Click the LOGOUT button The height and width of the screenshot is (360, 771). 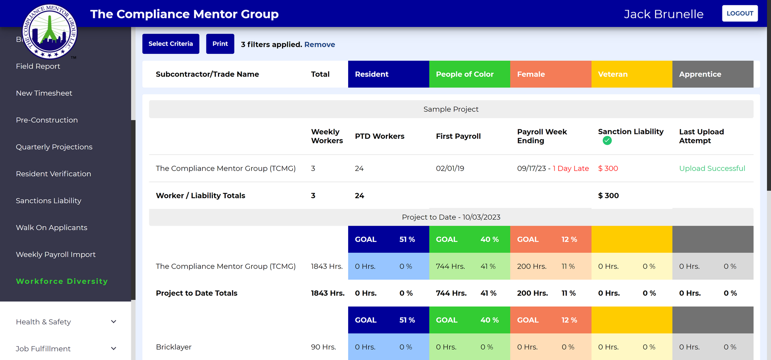click(739, 13)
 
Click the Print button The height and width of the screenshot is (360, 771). click(220, 44)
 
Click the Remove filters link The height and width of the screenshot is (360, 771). click(319, 45)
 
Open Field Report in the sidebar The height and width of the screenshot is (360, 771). click(38, 66)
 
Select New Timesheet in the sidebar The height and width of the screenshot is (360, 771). click(44, 93)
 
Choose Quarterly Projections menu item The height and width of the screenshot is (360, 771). click(54, 147)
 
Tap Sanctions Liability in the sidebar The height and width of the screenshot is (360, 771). click(49, 201)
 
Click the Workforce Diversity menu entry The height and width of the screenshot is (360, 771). click(62, 281)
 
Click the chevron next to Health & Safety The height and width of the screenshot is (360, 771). click(114, 321)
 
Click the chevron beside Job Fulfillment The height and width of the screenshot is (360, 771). click(114, 348)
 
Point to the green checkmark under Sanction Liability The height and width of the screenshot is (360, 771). click(607, 141)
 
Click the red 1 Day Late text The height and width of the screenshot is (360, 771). click(571, 169)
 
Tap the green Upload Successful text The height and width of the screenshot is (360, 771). click(712, 169)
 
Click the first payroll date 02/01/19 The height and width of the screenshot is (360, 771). click(450, 169)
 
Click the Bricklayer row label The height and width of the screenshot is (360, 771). click(173, 347)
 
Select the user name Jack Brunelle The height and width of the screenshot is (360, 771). click(663, 14)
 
